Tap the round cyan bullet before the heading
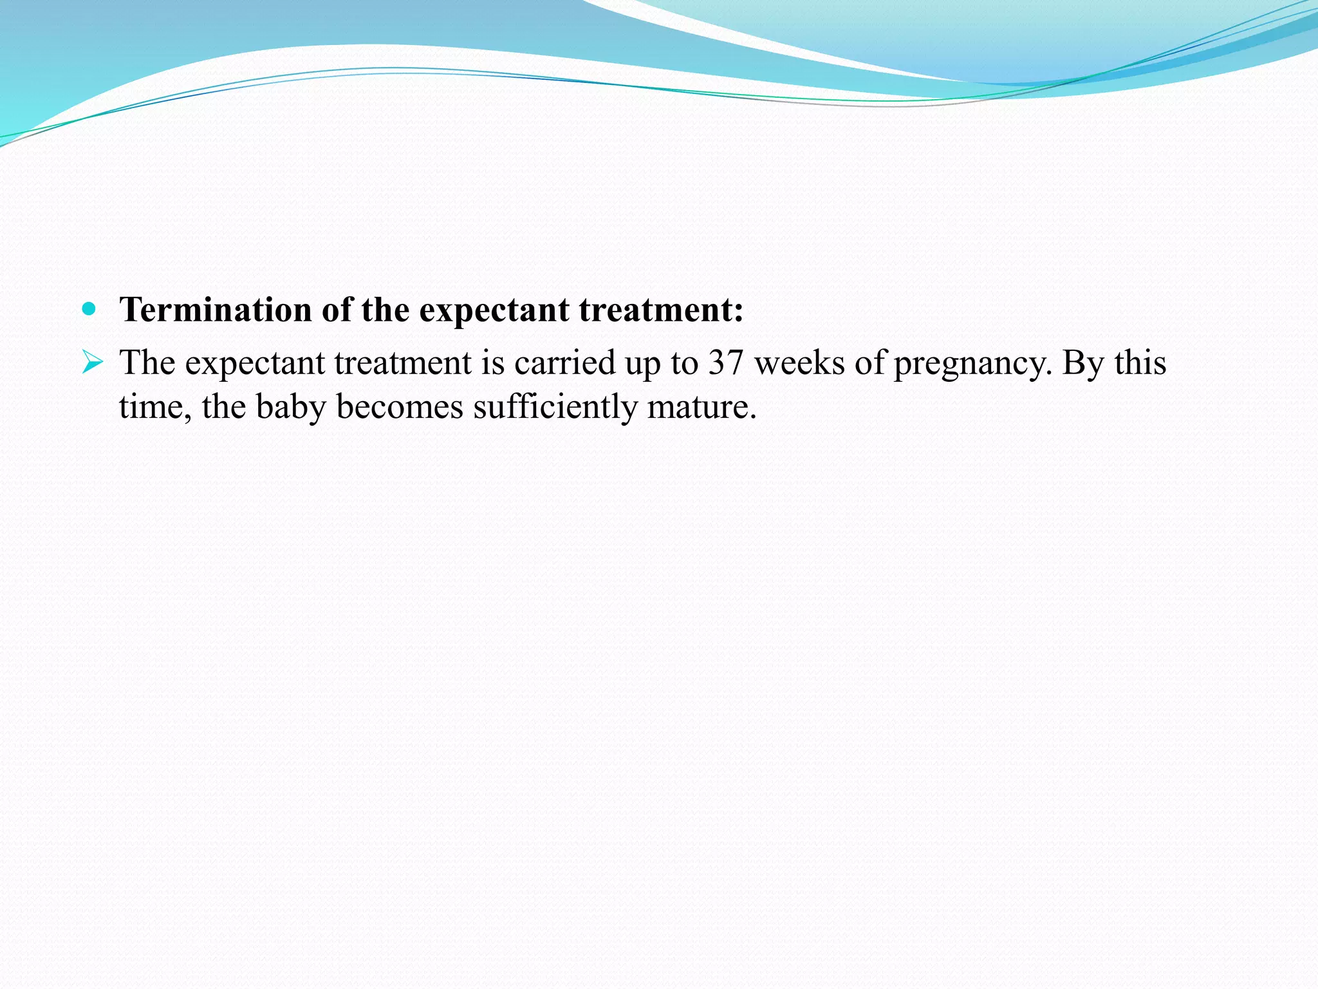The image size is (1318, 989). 89,309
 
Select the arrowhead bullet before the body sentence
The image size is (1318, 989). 93,363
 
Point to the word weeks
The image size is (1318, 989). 799,363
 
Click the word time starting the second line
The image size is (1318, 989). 154,408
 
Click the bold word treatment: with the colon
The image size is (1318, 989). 661,310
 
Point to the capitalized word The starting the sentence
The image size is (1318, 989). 147,363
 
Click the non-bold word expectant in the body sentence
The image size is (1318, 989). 255,364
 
